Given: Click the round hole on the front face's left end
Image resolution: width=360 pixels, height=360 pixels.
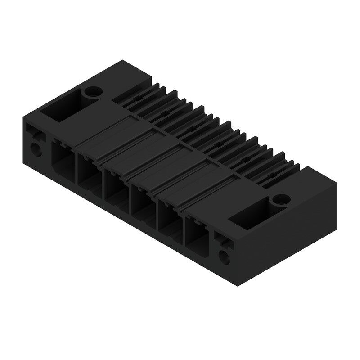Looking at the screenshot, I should (36, 148).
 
